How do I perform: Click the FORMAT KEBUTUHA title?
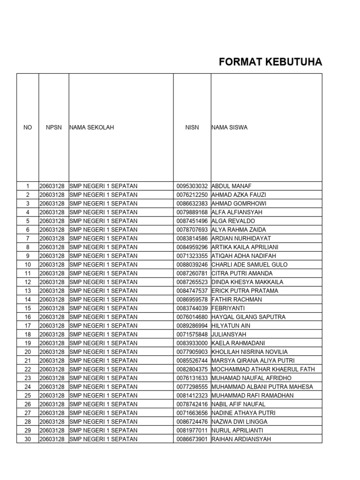coord(270,63)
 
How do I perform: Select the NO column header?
coord(28,127)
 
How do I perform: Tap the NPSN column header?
coord(54,127)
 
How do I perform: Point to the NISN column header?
coord(192,127)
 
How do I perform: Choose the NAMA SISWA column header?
coord(230,127)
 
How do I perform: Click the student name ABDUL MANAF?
coord(232,186)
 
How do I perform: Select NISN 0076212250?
coord(192,195)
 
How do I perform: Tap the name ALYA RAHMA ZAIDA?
coord(239,230)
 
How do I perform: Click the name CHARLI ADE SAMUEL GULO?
coord(249,265)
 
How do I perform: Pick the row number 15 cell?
coord(28,308)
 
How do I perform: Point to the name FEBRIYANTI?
coord(228,308)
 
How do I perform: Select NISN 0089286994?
coord(192,326)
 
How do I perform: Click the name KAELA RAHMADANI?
coord(238,343)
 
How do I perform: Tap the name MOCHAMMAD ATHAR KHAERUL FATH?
coord(263,369)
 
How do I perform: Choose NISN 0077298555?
coord(192,387)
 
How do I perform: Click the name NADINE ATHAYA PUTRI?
coord(243,413)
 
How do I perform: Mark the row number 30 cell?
coord(28,439)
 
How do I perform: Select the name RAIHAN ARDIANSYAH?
coord(241,439)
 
